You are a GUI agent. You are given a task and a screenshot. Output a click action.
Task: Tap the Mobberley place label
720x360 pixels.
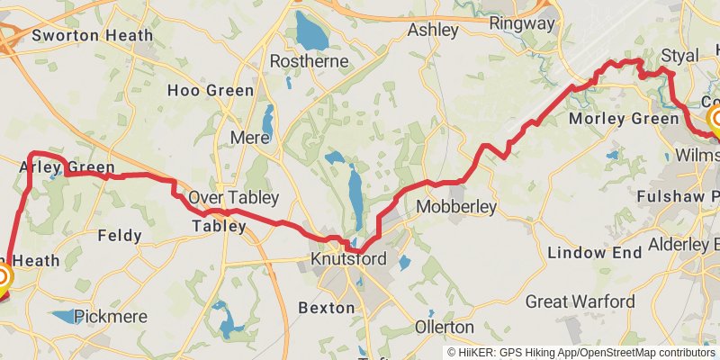pos(456,208)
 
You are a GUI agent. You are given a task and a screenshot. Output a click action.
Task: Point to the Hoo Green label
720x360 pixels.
pos(211,91)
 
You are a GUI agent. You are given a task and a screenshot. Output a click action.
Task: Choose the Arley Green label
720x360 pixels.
pos(67,167)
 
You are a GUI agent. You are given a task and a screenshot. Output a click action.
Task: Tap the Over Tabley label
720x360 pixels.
pos(233,198)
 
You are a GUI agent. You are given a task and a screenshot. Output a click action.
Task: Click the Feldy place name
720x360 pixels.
pos(119,236)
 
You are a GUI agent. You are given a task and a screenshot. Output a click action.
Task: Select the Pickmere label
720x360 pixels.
pos(109,316)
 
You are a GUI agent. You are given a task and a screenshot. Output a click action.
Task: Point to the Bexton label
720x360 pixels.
pos(326,308)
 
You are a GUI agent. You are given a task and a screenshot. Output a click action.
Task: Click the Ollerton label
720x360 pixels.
pos(445,327)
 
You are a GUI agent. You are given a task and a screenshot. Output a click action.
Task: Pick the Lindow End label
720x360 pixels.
pos(589,253)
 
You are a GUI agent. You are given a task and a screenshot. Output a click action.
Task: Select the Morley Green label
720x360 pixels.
pos(625,119)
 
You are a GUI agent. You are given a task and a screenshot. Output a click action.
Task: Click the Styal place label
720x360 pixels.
pos(679,56)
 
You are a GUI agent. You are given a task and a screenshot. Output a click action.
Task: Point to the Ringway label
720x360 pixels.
pos(522,24)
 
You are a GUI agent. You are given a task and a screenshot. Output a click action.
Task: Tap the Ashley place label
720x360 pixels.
pos(433,30)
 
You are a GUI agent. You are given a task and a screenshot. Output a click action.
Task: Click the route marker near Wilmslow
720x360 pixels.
pos(717,121)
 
